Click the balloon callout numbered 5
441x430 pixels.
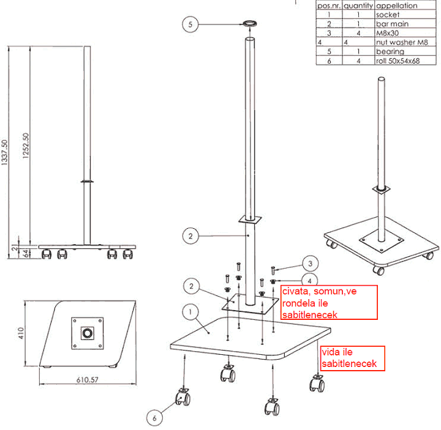pos(190,24)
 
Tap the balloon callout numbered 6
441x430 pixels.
pos(154,418)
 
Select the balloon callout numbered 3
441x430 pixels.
pos(311,264)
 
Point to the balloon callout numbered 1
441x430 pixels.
pos(190,312)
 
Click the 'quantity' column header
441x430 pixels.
pos(358,6)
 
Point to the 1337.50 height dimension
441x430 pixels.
pos(4,152)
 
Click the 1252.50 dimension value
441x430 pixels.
pos(26,146)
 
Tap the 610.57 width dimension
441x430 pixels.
pos(88,380)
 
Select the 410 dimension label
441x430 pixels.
pos(21,333)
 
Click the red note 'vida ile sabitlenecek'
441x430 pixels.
pos(353,358)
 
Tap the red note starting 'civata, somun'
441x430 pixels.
pos(329,303)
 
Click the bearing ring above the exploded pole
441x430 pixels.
pos(250,23)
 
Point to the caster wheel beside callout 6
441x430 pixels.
pos(183,397)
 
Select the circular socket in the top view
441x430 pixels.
pos(87,333)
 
